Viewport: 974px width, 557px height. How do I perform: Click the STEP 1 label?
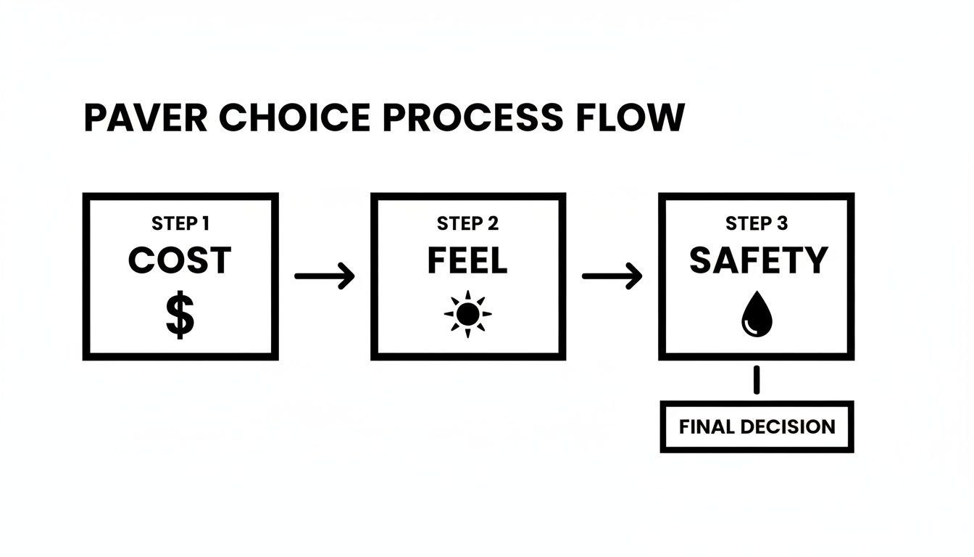[180, 223]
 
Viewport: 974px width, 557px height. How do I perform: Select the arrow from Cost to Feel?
[325, 276]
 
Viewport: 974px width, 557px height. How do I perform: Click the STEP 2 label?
[467, 223]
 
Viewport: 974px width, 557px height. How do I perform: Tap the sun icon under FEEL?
[467, 314]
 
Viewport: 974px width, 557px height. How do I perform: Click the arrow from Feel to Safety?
[612, 276]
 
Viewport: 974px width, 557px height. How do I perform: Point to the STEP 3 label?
[757, 223]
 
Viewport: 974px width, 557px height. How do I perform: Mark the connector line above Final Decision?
[757, 380]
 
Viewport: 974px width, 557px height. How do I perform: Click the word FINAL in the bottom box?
[707, 426]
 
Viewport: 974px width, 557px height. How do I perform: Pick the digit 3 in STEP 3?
[781, 223]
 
